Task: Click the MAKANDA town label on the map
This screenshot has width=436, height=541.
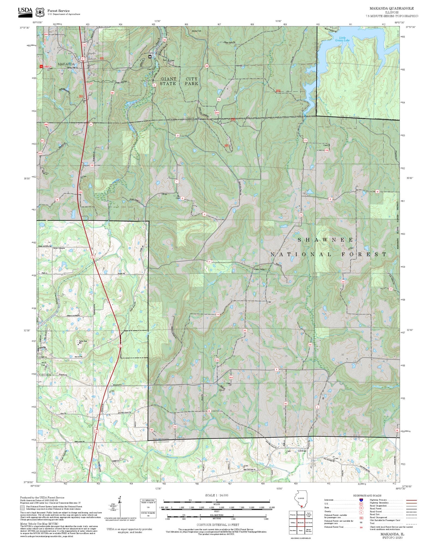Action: (66, 64)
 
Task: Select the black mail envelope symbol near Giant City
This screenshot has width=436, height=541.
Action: (150, 56)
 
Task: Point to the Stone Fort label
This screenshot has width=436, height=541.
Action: (196, 31)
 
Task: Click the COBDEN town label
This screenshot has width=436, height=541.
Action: (44, 375)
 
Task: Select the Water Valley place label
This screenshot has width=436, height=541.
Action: (259, 269)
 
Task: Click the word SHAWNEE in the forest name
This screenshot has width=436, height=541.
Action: (325, 240)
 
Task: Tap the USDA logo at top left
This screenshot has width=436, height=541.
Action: (25, 12)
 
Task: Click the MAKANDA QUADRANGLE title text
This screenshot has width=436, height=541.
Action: (391, 8)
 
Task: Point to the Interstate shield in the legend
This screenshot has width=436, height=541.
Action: (361, 500)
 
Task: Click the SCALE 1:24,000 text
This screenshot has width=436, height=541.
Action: (217, 495)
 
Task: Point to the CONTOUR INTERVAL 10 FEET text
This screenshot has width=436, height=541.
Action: (218, 525)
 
